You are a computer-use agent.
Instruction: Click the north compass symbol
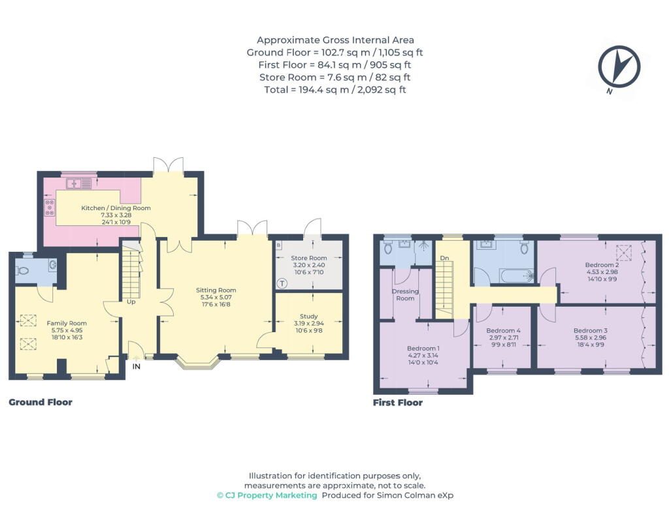619,67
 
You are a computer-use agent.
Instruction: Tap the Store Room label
309,258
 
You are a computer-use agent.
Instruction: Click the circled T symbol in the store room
282,283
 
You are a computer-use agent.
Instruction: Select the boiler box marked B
278,245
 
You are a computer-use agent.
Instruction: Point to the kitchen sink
79,183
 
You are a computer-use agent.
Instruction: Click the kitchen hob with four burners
50,207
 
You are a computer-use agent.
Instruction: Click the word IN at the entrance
136,366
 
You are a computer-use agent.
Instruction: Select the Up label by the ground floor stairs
131,302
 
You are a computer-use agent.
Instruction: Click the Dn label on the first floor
444,258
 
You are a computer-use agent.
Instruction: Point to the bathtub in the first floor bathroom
517,276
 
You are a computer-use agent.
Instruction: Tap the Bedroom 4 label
504,330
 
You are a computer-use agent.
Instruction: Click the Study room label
309,317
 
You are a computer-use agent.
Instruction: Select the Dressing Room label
405,294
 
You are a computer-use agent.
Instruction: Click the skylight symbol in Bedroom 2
625,253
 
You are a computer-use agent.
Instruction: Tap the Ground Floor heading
41,402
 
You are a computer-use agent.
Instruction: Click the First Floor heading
398,402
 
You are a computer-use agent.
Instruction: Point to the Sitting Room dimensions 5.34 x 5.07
216,297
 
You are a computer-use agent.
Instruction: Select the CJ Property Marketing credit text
267,495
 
